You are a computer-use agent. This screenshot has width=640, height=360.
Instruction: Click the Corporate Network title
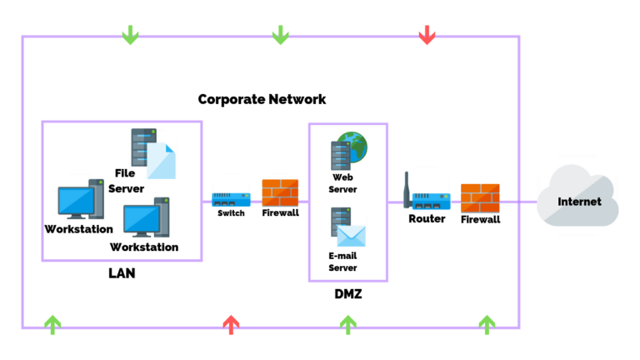click(x=262, y=99)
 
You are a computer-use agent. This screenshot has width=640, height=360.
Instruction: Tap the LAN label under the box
click(x=122, y=273)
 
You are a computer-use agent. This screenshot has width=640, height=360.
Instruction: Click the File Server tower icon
click(x=142, y=147)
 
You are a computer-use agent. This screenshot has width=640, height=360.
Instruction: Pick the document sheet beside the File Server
click(x=162, y=160)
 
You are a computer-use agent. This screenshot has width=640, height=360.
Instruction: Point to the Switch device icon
click(x=231, y=200)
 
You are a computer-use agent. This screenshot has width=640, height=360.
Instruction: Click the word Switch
click(x=231, y=214)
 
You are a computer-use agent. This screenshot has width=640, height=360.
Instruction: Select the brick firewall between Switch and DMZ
click(x=280, y=193)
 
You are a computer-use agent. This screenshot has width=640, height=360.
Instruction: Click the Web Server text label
click(x=344, y=183)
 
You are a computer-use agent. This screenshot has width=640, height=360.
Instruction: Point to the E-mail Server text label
click(x=343, y=262)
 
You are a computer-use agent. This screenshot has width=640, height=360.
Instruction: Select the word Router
click(x=427, y=218)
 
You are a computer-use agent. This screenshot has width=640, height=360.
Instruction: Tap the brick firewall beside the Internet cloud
click(x=480, y=198)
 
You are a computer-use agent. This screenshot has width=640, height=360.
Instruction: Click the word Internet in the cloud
click(x=579, y=202)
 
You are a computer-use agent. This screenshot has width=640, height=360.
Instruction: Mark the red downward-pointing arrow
click(x=427, y=34)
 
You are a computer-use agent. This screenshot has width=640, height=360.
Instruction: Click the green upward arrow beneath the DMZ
click(x=348, y=324)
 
